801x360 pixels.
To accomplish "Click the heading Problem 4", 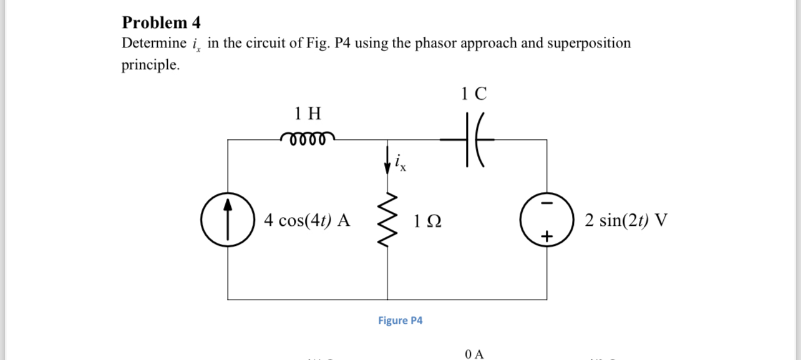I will coord(161,23).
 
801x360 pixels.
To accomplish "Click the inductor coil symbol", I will coord(308,137).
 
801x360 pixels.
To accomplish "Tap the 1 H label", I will coord(308,114).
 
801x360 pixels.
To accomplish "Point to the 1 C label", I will coord(474,94).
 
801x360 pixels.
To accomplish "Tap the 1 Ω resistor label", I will coord(427,221).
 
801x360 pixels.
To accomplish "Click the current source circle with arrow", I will coord(228,220).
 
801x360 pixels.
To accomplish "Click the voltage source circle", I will coord(547,220).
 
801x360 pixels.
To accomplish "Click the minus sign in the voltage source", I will coord(547,204).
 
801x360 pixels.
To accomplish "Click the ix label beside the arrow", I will coord(400,165).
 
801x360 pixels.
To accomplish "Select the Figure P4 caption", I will coord(400,321).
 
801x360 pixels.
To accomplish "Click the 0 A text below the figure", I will coord(474,354).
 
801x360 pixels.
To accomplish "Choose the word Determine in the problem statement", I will coord(153,44).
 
